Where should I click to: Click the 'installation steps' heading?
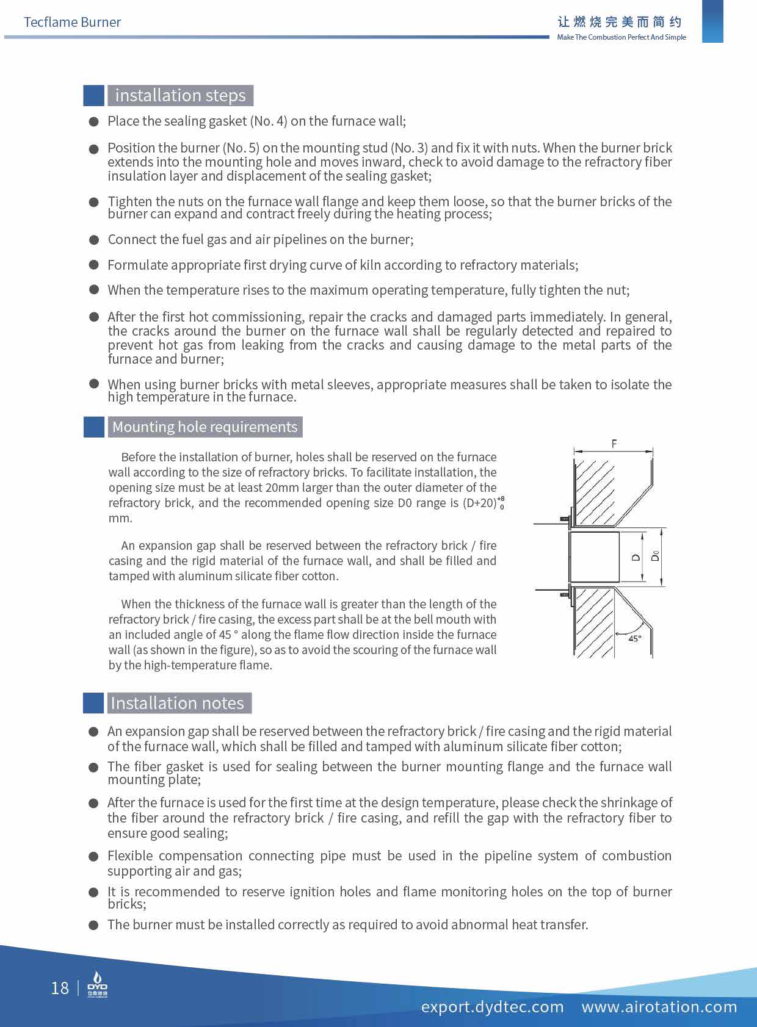tap(180, 96)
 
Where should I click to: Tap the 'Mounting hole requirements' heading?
tap(205, 427)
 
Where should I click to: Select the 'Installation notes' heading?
tap(177, 703)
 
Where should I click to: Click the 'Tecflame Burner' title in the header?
tap(72, 23)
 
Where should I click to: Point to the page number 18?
tap(60, 988)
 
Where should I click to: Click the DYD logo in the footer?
tap(97, 986)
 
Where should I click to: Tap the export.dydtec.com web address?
tap(492, 1006)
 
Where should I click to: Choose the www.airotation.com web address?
tap(659, 1006)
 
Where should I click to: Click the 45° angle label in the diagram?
tap(635, 638)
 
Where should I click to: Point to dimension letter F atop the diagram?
tap(614, 444)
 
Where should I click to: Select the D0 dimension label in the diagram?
tap(655, 556)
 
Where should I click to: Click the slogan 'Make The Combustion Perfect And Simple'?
tap(621, 37)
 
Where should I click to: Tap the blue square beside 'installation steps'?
tap(94, 96)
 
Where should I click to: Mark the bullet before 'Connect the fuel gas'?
tap(94, 239)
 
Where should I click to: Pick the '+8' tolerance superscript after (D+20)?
tap(501, 499)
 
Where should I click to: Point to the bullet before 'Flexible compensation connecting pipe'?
tap(94, 856)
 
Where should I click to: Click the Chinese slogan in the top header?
tap(620, 22)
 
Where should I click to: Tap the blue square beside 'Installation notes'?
tap(94, 703)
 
